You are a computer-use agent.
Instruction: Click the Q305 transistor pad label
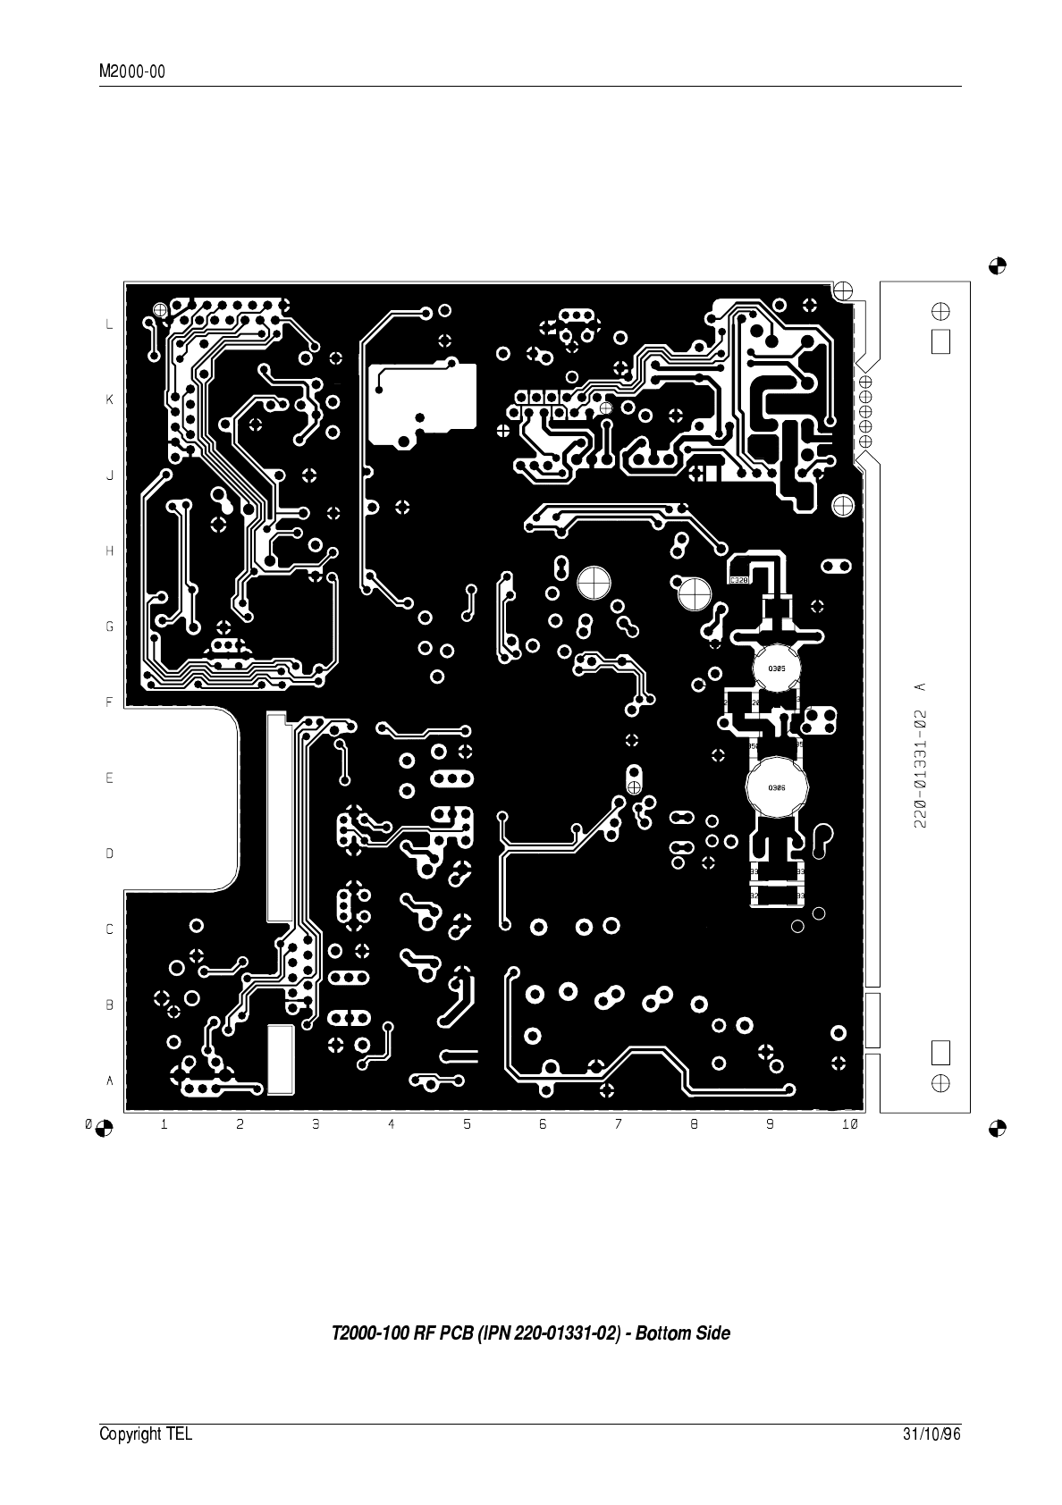[x=776, y=668]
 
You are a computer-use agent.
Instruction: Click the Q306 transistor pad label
[x=776, y=787]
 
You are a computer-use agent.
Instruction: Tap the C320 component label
[x=739, y=580]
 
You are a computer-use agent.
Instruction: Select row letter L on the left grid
[x=110, y=324]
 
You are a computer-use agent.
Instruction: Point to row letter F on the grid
[x=110, y=702]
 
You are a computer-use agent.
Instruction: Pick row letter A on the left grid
[x=110, y=1080]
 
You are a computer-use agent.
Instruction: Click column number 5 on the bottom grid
[x=467, y=1124]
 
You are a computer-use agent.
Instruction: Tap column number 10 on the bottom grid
[x=848, y=1124]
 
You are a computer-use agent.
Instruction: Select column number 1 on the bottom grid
[x=164, y=1124]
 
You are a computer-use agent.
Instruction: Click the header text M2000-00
[x=132, y=72]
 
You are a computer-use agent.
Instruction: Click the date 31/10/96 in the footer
[x=931, y=1434]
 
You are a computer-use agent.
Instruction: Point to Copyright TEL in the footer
[x=145, y=1434]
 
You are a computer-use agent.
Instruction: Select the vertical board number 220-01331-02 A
[x=920, y=755]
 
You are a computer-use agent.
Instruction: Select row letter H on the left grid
[x=110, y=551]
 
